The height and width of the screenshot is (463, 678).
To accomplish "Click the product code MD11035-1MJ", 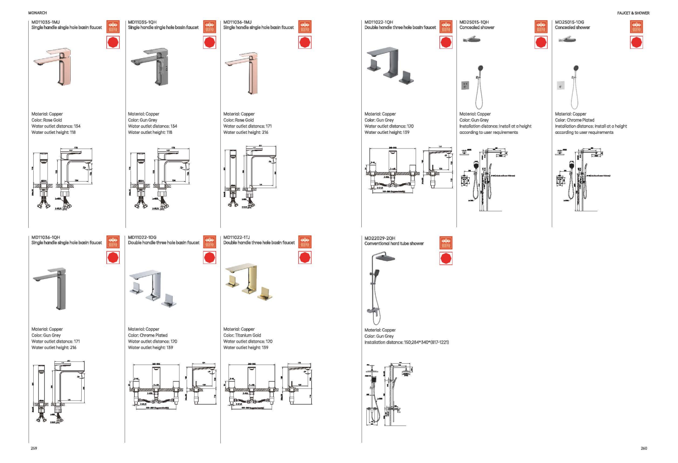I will pyautogui.click(x=45, y=22).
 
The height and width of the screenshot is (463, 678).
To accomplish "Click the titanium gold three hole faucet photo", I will pyautogui.click(x=248, y=282).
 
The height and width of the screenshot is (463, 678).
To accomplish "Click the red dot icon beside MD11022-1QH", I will pyautogui.click(x=446, y=43).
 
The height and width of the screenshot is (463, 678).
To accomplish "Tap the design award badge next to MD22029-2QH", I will pyautogui.click(x=446, y=243).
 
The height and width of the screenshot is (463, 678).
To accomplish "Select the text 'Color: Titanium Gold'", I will pyautogui.click(x=242, y=335).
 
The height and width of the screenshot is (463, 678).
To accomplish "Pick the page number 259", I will pyautogui.click(x=34, y=448).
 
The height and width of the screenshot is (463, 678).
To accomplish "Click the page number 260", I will pyautogui.click(x=643, y=448).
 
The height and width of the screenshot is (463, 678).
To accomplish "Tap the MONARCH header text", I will pyautogui.click(x=37, y=13).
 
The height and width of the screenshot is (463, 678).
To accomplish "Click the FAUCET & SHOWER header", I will pyautogui.click(x=633, y=13).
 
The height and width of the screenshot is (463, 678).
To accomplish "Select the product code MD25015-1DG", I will pyautogui.click(x=569, y=22).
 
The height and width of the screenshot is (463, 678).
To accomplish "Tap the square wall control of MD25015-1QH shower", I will pyautogui.click(x=465, y=85).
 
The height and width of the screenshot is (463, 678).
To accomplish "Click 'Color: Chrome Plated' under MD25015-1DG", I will pyautogui.click(x=574, y=120).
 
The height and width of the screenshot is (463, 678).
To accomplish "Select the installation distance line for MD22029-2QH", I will pyautogui.click(x=406, y=343).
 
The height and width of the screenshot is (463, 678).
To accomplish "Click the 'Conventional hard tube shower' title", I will pyautogui.click(x=394, y=244).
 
